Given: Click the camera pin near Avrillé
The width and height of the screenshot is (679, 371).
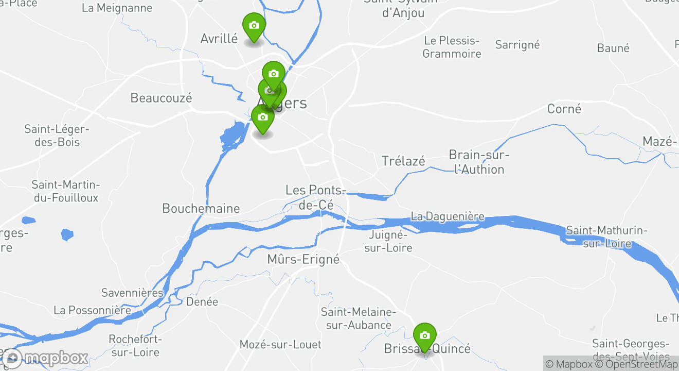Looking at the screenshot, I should click(254, 26).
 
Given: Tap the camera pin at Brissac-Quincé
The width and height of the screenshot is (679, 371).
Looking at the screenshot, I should click(424, 336).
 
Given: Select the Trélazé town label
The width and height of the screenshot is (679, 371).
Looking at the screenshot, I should click(403, 161).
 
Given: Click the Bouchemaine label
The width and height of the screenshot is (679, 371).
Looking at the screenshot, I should click(201, 209).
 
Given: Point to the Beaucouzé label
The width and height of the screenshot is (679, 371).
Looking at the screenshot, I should click(161, 98).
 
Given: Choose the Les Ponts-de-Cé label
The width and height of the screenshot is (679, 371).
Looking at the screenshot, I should click(315, 197).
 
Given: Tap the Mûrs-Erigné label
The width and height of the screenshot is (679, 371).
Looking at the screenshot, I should click(303, 259).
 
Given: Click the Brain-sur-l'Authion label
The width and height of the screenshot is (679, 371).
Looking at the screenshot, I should click(479, 162).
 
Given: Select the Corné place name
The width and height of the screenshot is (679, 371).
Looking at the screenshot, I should click(564, 109).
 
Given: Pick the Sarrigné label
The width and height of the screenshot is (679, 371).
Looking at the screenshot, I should click(517, 45).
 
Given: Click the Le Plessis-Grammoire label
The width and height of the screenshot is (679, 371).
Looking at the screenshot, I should click(452, 47).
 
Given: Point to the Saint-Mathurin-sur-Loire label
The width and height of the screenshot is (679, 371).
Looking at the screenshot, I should click(606, 237).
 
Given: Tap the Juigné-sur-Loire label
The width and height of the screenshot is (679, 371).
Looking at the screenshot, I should click(388, 241).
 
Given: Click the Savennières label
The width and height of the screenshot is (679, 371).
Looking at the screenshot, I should click(132, 293).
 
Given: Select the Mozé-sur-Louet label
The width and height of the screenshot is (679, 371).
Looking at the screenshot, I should click(280, 344).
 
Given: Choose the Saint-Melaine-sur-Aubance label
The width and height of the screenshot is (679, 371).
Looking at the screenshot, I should click(358, 318).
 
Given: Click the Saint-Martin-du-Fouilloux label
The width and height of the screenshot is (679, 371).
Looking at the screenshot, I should click(65, 191).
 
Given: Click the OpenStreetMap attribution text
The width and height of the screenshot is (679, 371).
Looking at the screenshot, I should click(636, 364).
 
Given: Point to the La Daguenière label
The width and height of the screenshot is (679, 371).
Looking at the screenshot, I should click(448, 216).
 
